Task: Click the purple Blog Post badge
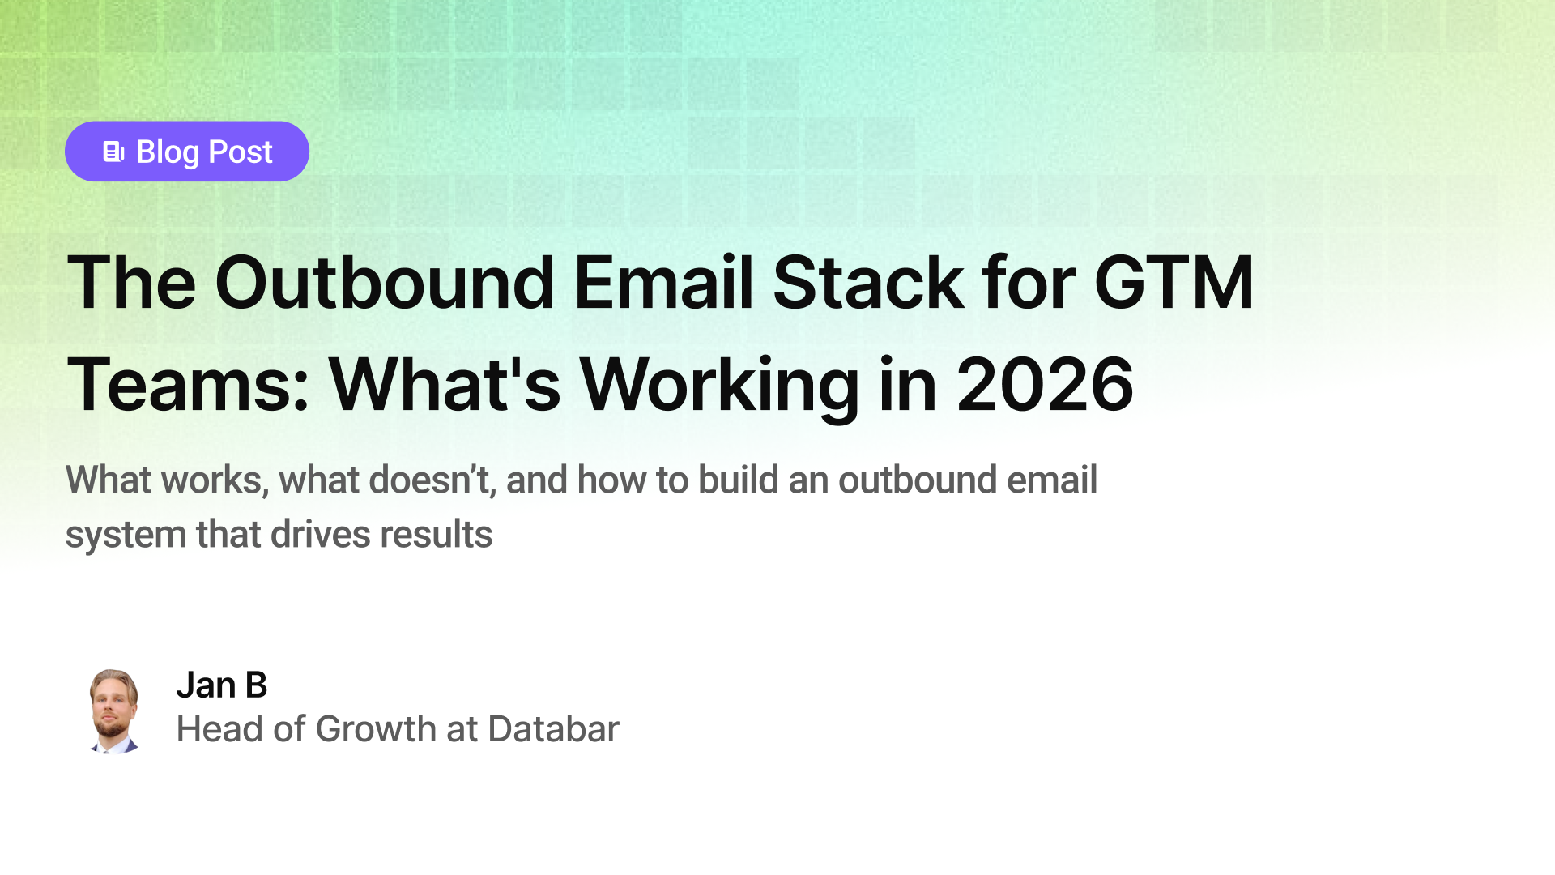pos(186,152)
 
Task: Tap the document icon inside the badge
pos(113,152)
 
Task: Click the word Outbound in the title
pos(384,283)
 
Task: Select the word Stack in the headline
pos(867,283)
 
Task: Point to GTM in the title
pos(1174,283)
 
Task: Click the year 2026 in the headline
pos(1045,385)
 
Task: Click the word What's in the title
pos(444,385)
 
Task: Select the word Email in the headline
pos(663,283)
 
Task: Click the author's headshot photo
pos(113,711)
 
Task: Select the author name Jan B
pos(221,685)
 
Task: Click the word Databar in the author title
pos(553,729)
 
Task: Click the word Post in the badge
pos(240,152)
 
